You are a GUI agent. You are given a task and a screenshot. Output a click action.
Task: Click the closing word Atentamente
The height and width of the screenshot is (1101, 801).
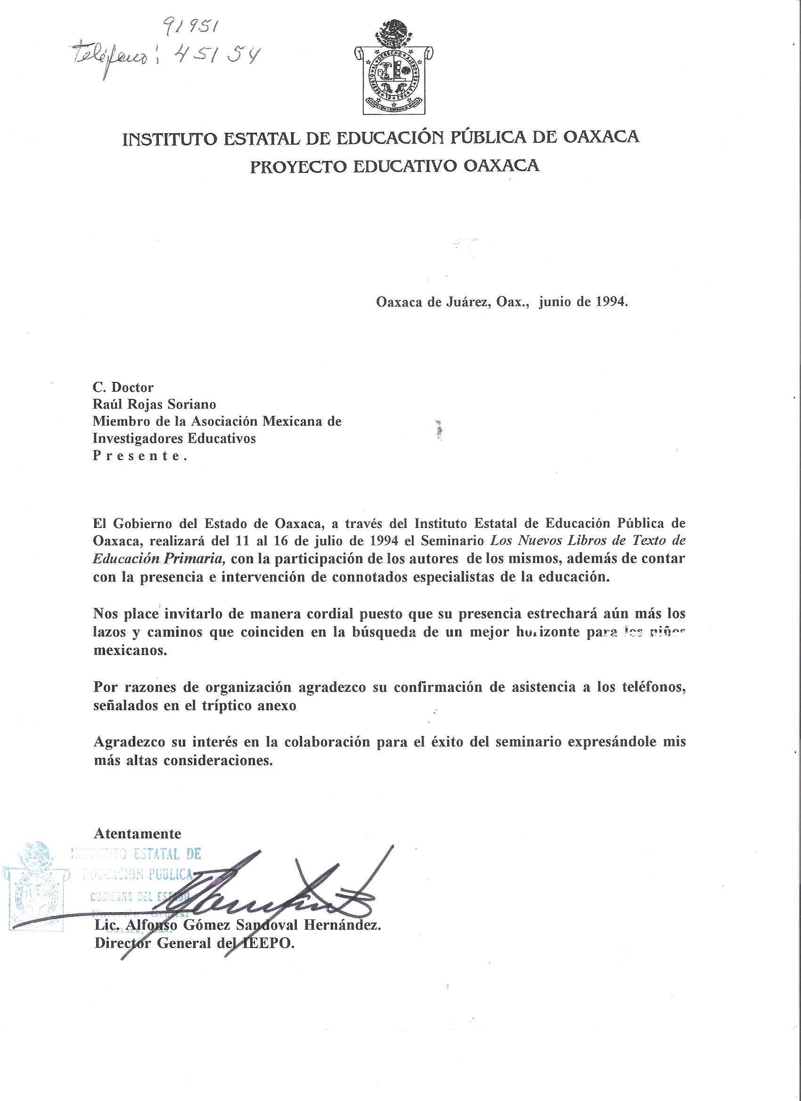pos(138,834)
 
